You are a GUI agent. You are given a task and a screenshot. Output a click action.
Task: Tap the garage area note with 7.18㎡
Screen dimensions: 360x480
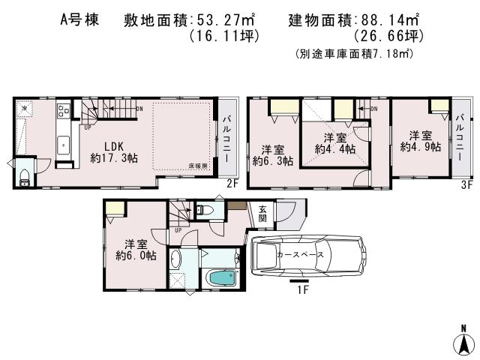pyautogui.click(x=354, y=55)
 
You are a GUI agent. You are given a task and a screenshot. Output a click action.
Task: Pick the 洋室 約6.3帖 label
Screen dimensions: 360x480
pyautogui.click(x=272, y=154)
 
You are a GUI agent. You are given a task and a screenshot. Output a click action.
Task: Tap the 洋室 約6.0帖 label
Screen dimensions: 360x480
pyautogui.click(x=135, y=249)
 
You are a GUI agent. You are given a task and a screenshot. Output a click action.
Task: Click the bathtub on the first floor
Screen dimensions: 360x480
pyautogui.click(x=221, y=279)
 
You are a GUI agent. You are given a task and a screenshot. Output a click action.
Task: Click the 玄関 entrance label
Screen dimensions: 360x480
pyautogui.click(x=262, y=214)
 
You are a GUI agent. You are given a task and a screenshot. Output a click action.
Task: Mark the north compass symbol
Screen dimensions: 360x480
pyautogui.click(x=463, y=340)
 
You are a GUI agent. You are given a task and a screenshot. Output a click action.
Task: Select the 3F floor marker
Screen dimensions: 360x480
pyautogui.click(x=464, y=184)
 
